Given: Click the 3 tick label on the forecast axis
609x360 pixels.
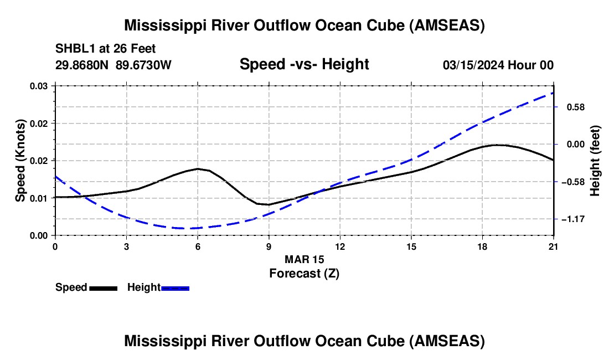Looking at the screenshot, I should coord(126,246).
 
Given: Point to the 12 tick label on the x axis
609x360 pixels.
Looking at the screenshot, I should coord(339,246).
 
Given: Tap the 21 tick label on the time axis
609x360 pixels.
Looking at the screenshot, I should coord(554,246).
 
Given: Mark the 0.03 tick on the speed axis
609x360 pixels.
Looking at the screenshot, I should coord(39,86).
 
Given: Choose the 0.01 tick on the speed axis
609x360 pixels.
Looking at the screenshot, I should coord(39,198).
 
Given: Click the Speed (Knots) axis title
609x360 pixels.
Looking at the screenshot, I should coord(20,160).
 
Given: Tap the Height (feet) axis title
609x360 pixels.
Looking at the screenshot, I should coord(595,160).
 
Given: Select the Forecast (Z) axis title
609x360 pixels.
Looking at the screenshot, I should coord(304,273).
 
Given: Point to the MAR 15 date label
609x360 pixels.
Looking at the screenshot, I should coord(304,259).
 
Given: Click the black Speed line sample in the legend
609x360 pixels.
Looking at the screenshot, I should coord(103,287).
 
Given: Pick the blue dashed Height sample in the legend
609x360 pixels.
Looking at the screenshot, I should coord(176,287).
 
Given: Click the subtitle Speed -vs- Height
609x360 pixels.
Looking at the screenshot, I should coord(304,64).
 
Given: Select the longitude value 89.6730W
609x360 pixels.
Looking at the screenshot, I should coord(144,65).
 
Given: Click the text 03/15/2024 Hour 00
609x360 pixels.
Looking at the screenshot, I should coord(498,65).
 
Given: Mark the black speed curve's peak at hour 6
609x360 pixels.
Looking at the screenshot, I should coord(198,169).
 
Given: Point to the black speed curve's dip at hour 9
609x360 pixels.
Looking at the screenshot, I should coord(268,204).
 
